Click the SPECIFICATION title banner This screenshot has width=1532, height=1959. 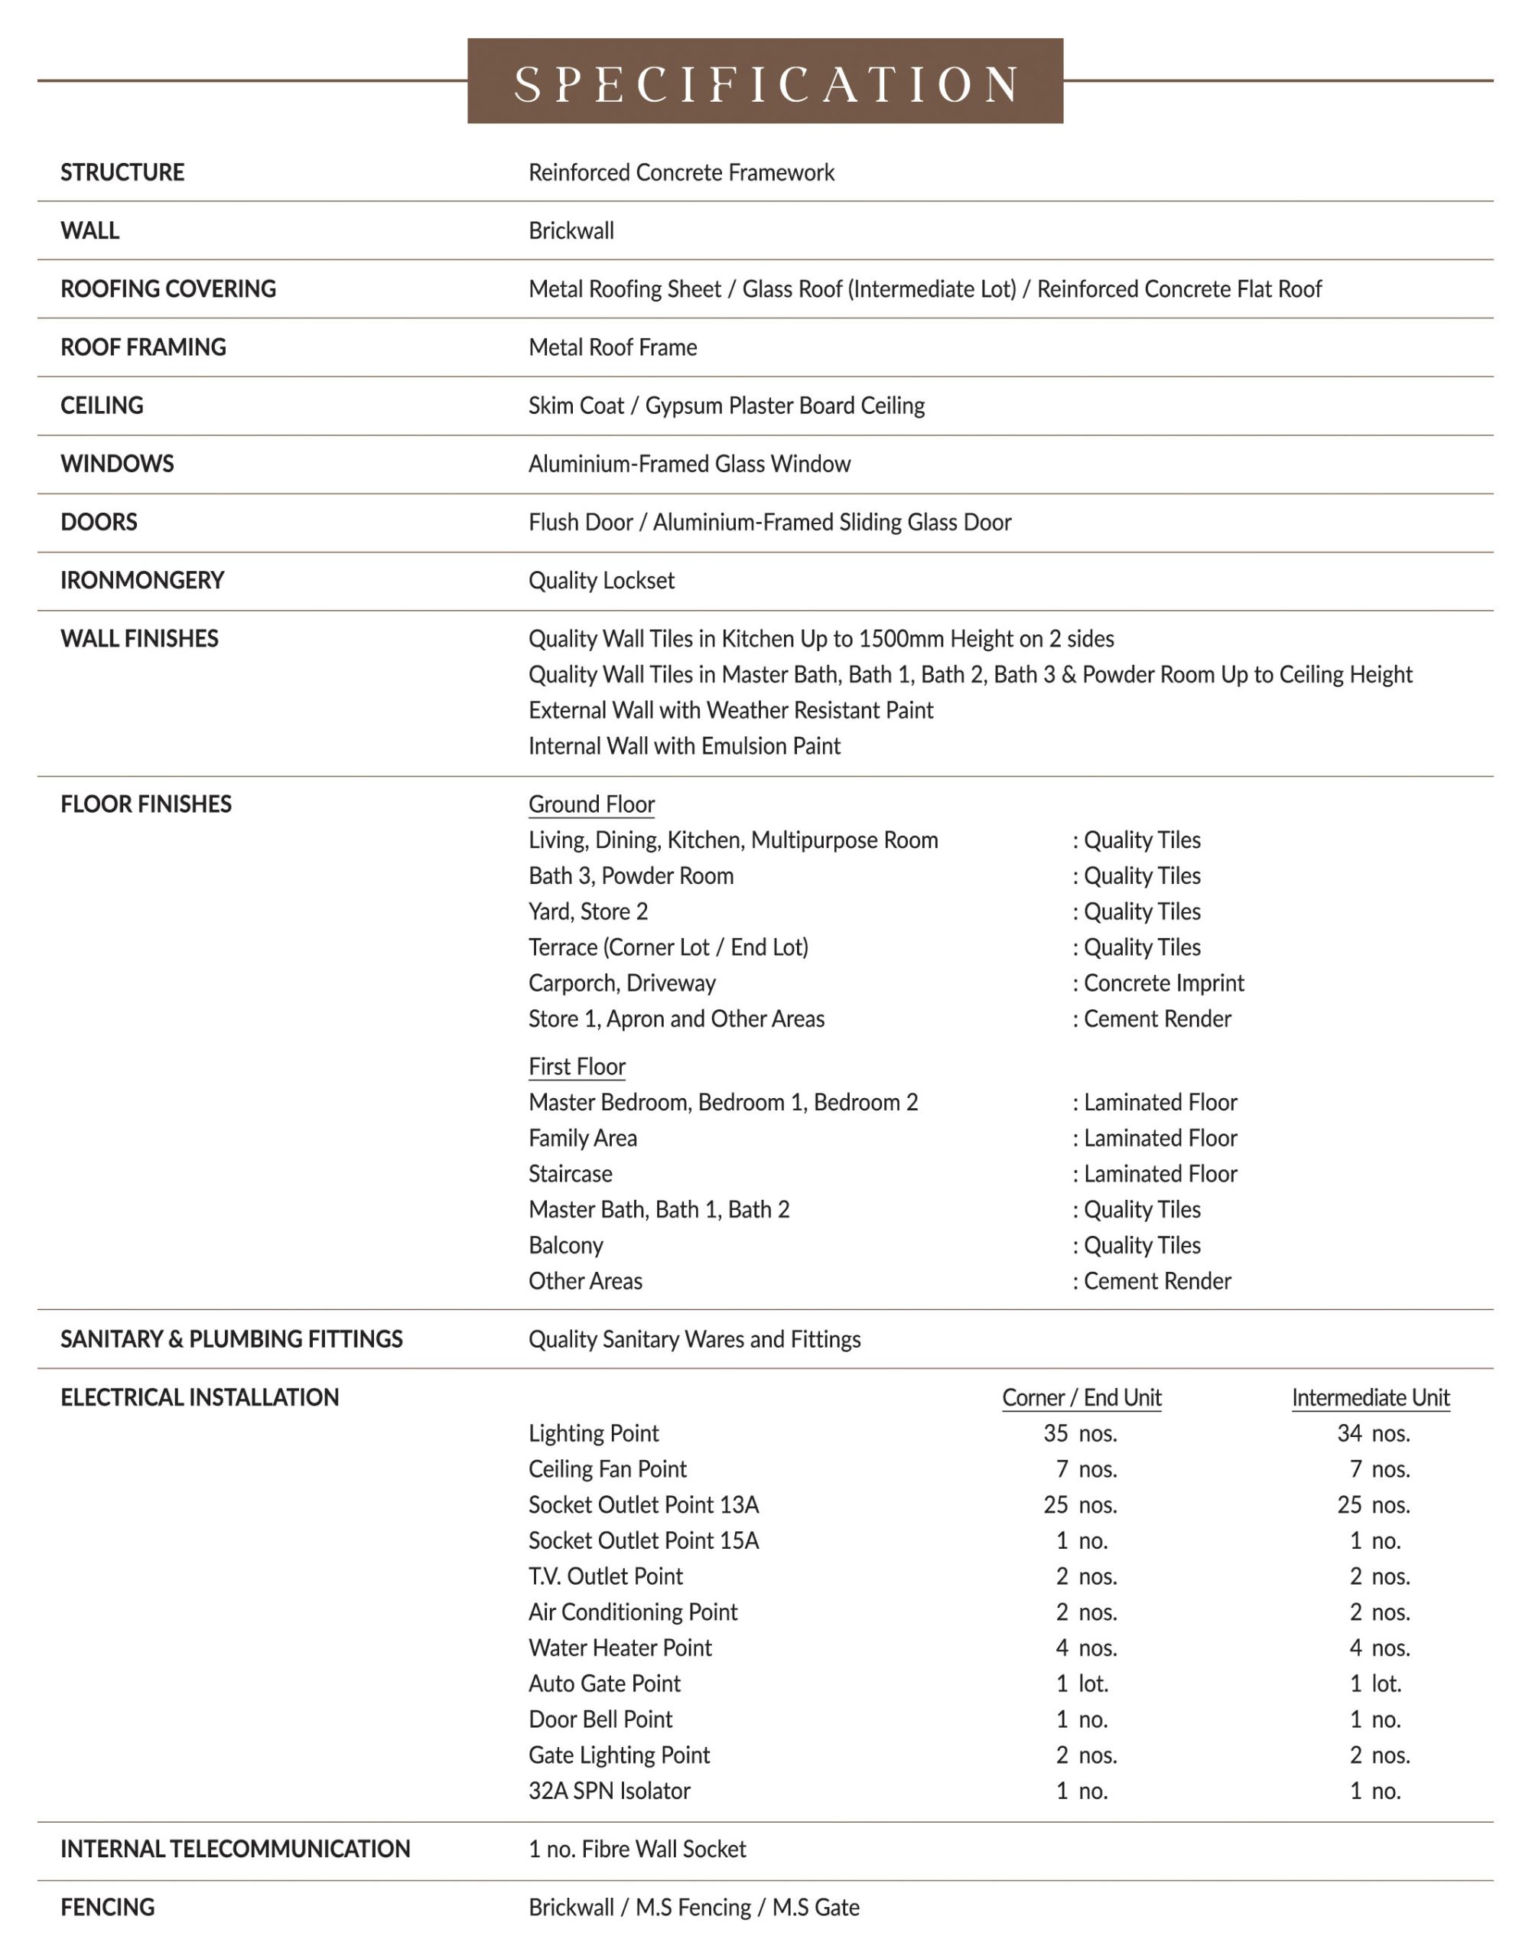click(765, 82)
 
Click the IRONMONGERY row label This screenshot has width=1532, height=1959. click(141, 581)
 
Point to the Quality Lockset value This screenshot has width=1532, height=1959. click(601, 581)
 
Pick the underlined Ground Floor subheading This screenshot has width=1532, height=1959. click(591, 804)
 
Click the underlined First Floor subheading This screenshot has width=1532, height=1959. click(577, 1066)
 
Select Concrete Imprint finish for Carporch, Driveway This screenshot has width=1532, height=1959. click(1163, 983)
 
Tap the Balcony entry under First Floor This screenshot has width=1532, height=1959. click(566, 1245)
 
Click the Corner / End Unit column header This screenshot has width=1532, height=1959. click(1082, 1397)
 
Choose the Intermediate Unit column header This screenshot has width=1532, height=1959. click(1371, 1397)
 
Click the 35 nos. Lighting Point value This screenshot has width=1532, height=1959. click(1081, 1433)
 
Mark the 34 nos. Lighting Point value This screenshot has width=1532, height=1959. click(1373, 1433)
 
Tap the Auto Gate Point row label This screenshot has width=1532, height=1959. click(604, 1684)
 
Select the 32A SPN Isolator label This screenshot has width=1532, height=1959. click(609, 1791)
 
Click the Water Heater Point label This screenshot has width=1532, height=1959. click(620, 1648)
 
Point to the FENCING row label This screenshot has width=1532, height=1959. click(108, 1907)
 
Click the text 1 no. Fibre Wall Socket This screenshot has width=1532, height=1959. click(637, 1849)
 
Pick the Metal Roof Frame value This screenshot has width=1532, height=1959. click(613, 347)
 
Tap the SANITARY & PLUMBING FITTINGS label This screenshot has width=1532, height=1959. click(232, 1339)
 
